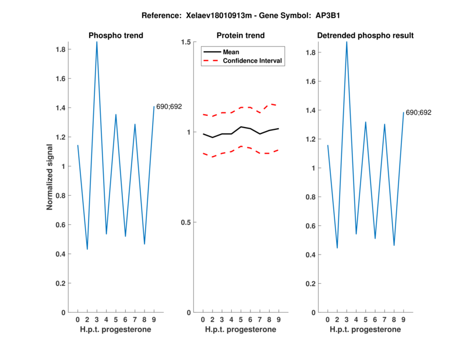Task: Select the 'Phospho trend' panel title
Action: click(x=116, y=36)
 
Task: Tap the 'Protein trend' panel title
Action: click(x=241, y=36)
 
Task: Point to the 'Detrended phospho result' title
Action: click(x=365, y=36)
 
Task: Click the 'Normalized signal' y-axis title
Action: click(x=50, y=177)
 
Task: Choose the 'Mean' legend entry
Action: click(x=231, y=52)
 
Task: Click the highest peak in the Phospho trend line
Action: click(x=97, y=42)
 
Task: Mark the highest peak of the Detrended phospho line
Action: click(x=347, y=42)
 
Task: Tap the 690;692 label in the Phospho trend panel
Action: click(x=169, y=107)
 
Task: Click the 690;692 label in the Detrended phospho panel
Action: click(x=418, y=112)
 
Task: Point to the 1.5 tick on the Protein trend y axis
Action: click(x=187, y=42)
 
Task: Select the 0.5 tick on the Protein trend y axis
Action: click(x=187, y=222)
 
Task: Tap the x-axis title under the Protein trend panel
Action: click(x=241, y=330)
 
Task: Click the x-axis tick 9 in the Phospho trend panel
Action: click(x=154, y=319)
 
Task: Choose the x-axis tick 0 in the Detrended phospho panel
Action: click(x=328, y=319)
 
